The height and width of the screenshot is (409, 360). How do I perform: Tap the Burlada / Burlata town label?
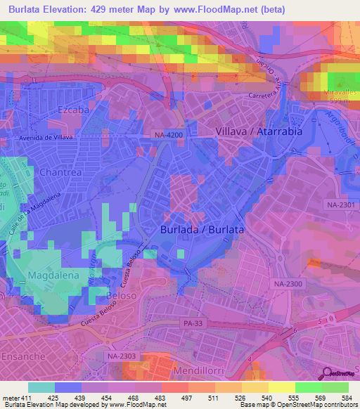click(x=202, y=230)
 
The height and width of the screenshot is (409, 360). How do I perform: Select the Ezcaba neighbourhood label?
click(x=75, y=110)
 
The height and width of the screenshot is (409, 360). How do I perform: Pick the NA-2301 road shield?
click(x=340, y=204)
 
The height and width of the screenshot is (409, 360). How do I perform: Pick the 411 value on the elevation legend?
click(x=25, y=398)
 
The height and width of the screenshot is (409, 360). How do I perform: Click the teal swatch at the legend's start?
click(x=41, y=387)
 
